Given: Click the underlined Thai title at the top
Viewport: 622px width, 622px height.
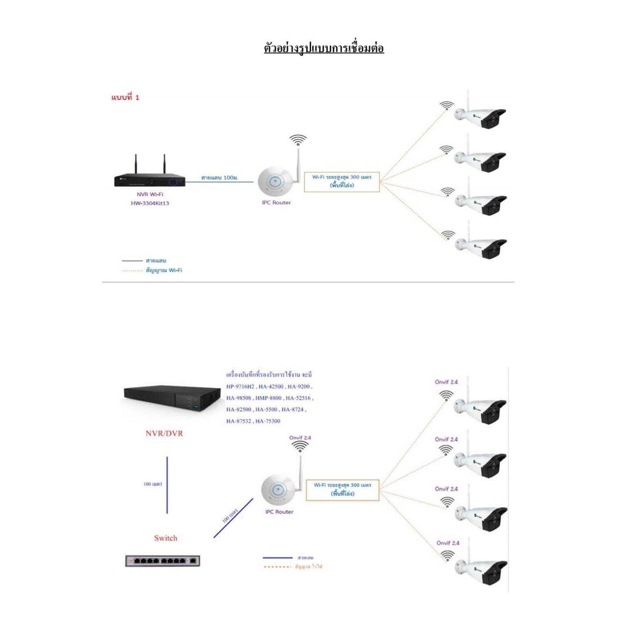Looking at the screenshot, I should [324, 48].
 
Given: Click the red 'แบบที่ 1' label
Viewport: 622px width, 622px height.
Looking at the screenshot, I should [125, 97].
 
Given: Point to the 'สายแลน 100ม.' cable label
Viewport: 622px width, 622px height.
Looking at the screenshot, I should [219, 177].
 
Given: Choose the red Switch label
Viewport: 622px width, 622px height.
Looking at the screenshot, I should [165, 538].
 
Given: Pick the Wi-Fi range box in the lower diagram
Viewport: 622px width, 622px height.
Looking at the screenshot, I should [342, 490].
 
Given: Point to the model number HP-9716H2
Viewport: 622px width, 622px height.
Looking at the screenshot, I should [242, 387].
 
